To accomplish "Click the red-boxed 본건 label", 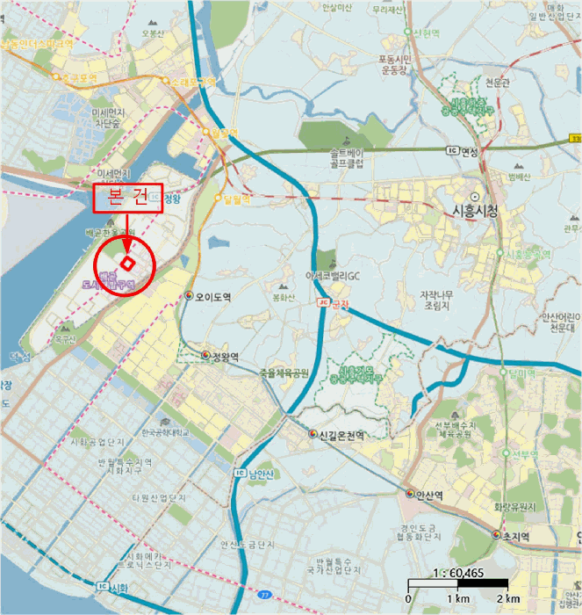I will pos(129,199).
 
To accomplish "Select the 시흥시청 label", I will pos(474,211).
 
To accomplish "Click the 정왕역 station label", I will pos(226,356).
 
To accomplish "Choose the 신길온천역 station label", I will pos(341,435).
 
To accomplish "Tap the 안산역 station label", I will pos(429,495).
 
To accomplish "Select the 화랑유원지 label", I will pos(514,507).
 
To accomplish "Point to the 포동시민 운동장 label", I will pos(396,65).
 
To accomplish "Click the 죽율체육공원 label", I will pos(284,373).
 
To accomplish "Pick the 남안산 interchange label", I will pos(261,474).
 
